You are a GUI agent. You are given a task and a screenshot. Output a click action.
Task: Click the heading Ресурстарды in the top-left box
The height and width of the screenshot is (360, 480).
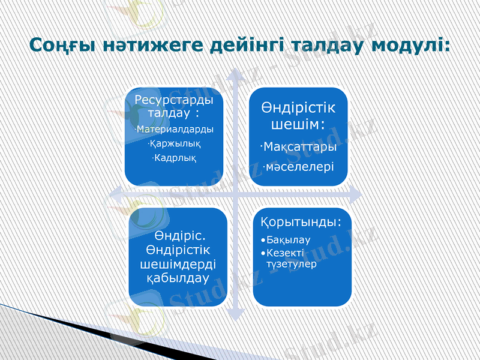tap(173, 99)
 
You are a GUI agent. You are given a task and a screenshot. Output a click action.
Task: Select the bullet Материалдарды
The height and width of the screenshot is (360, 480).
tap(175, 129)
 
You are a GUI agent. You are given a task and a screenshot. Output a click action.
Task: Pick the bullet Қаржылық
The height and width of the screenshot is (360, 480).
tap(175, 143)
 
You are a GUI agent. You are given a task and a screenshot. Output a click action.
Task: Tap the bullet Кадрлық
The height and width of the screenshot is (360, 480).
tap(175, 157)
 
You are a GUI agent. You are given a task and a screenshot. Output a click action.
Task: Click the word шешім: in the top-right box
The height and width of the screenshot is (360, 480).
tap(298, 124)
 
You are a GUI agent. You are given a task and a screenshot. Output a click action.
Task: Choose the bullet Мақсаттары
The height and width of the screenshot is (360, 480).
tap(299, 146)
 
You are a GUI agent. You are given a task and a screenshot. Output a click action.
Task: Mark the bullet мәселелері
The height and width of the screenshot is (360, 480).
tap(299, 166)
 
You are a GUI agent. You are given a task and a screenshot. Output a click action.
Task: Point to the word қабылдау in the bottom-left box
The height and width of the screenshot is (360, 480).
tap(178, 278)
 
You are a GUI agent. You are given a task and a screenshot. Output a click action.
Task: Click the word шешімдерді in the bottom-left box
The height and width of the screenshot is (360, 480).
tap(178, 264)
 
